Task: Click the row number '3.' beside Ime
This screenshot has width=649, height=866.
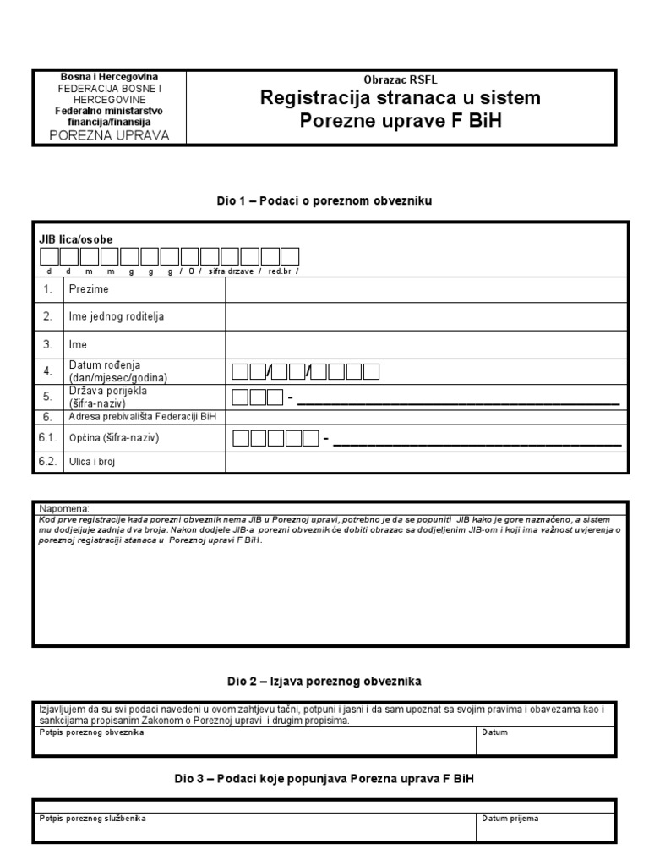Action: [x=48, y=344]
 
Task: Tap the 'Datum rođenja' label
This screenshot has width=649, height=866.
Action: [x=103, y=365]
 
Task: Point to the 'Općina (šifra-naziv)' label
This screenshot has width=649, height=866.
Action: [x=113, y=438]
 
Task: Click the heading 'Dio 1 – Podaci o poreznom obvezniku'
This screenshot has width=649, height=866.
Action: [x=324, y=200]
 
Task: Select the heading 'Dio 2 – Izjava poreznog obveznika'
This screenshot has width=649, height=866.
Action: [x=324, y=680]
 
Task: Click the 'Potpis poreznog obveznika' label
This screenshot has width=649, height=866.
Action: [x=92, y=732]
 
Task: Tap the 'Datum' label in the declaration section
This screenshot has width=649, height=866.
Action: [x=494, y=732]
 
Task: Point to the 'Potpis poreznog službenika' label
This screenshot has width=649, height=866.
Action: [x=93, y=819]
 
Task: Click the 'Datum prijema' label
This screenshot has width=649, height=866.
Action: [x=510, y=819]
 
